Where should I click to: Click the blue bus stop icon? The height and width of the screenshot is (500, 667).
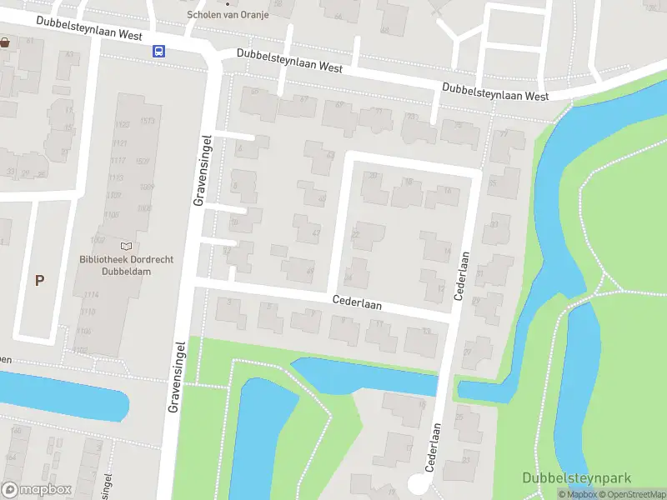coord(158,51)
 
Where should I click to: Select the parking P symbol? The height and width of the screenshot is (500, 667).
coord(39,280)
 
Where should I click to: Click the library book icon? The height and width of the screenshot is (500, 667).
coord(127,246)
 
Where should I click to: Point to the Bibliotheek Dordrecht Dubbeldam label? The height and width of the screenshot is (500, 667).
coord(127,265)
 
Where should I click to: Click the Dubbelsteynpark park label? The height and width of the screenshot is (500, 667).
coord(576,478)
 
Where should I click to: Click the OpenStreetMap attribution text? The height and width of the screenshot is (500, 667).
coord(634,495)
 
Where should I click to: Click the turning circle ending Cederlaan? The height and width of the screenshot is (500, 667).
coord(417,486)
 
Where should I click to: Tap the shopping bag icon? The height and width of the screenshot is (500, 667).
coord(6,42)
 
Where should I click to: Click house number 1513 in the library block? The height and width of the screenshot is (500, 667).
coord(148,122)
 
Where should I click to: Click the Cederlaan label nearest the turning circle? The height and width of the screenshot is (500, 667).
coord(434,447)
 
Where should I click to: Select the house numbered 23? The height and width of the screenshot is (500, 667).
coord(469,457)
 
